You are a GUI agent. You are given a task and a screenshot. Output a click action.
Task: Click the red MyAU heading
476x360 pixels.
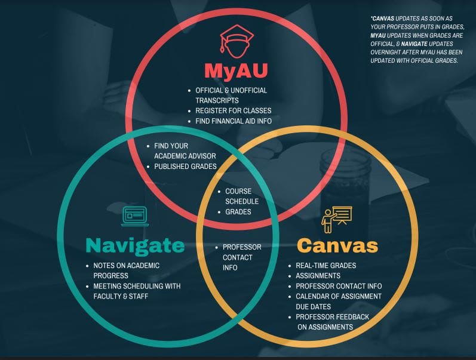click(236, 70)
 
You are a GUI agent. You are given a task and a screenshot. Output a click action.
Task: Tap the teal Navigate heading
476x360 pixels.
click(135, 245)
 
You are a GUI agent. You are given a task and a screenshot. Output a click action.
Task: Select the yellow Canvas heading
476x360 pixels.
click(337, 245)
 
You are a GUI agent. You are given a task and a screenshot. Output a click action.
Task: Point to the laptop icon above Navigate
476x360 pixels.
click(134, 216)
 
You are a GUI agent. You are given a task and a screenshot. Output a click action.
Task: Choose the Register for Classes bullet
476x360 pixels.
click(233, 110)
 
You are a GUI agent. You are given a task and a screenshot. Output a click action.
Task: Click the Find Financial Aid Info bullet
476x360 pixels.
click(234, 121)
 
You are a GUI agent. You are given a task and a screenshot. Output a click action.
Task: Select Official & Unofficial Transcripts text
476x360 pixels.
click(231, 95)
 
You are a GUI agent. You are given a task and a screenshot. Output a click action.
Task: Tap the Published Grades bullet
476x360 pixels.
click(185, 167)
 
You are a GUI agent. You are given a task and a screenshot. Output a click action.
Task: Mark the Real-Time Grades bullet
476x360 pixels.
click(325, 265)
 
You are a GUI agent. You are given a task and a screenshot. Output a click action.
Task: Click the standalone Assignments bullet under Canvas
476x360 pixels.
click(318, 276)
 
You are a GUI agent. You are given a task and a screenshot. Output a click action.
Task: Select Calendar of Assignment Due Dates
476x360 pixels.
click(338, 301)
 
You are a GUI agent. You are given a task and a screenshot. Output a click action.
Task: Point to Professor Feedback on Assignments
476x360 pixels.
click(332, 322)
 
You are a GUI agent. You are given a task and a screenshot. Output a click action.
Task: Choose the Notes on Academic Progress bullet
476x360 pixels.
click(126, 270)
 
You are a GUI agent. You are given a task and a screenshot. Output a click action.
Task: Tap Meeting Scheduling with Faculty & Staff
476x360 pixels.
click(137, 291)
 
